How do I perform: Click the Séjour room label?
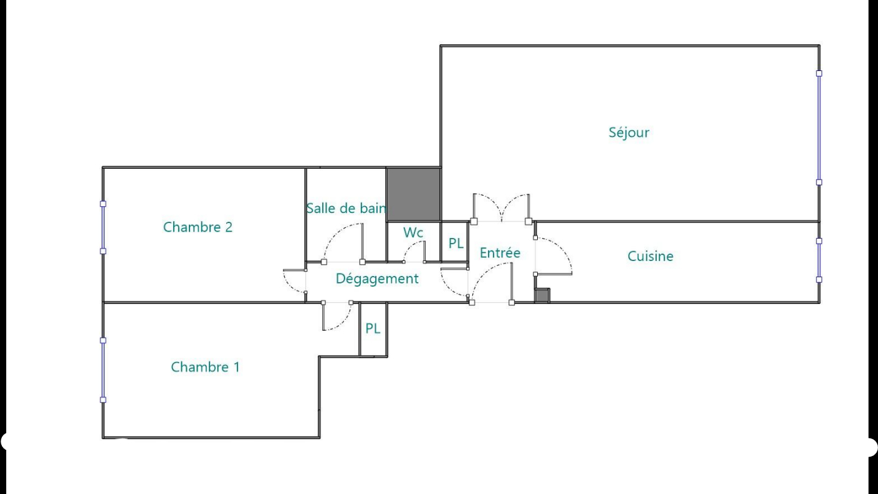[629, 133]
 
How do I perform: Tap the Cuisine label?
[651, 256]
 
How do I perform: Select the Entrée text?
[500, 253]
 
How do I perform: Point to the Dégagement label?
[377, 278]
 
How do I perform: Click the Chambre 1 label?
[205, 367]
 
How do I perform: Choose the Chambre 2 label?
[198, 227]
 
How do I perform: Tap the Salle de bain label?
[346, 209]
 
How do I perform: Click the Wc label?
[413, 233]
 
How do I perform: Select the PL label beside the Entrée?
[456, 244]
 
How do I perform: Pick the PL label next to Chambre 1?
[373, 328]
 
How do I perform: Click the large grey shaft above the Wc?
[414, 195]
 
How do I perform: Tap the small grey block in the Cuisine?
[542, 295]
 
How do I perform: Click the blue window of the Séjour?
[819, 128]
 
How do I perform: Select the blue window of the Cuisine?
[819, 260]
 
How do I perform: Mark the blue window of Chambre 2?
[103, 227]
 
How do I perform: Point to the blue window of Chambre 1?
[103, 370]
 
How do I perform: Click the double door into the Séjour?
[502, 207]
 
